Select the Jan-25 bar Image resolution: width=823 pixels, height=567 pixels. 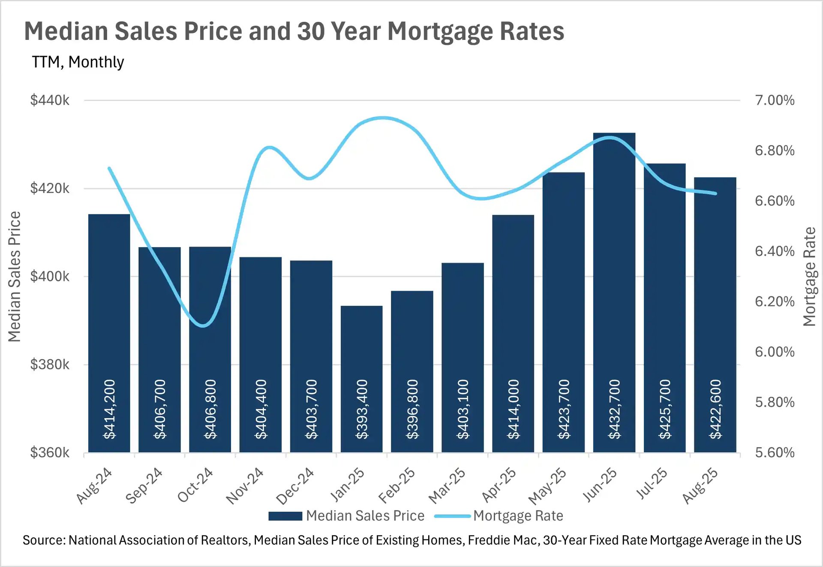(x=361, y=343)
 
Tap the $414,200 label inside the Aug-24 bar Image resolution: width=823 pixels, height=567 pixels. (x=110, y=409)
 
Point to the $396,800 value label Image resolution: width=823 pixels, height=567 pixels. (x=412, y=409)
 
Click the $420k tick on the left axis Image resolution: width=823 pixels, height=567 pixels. (x=49, y=188)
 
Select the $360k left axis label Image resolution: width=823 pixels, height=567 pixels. (x=49, y=452)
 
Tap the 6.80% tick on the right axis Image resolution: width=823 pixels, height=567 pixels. (x=775, y=151)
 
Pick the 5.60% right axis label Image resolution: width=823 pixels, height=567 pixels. (x=775, y=452)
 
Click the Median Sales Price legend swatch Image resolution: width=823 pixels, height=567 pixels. (x=285, y=516)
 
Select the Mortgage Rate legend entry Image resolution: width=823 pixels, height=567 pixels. (x=518, y=516)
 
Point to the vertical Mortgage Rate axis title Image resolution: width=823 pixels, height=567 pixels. (x=809, y=277)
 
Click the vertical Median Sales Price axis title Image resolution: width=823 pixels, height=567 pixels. (x=15, y=277)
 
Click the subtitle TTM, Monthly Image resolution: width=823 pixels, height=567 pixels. (x=78, y=62)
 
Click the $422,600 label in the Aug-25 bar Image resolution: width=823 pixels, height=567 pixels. (x=715, y=409)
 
